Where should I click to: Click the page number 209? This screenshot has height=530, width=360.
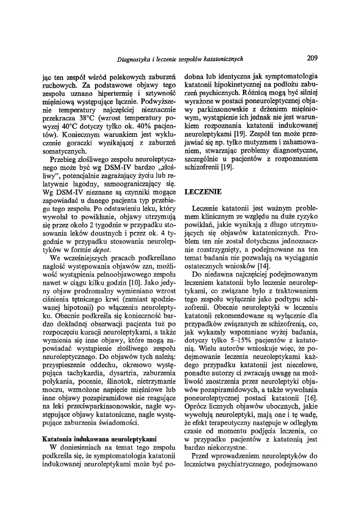click(312, 58)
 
